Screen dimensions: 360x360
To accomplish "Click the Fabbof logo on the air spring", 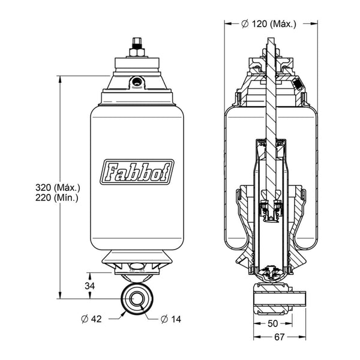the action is point(137,172).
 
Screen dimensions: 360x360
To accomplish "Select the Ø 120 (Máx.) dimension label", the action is point(269,24).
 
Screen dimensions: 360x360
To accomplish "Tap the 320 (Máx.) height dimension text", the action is point(58,188).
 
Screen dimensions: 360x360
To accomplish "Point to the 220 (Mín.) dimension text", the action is point(57,197).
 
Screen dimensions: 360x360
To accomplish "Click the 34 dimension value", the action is point(90,286).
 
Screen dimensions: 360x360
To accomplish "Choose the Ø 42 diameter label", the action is point(91,319).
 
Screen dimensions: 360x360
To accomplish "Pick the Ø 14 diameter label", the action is point(171,319).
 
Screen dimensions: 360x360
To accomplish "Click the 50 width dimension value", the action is point(273,324).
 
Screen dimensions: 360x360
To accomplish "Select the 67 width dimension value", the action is point(280,337).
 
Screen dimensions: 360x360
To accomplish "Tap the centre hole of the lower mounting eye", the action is point(137,299).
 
